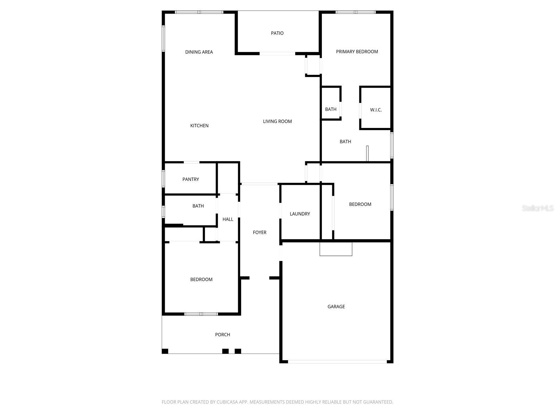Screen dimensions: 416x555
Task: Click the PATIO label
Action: point(277,33)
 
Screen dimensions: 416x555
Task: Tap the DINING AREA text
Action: point(199,52)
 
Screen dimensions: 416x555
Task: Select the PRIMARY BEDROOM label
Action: point(357,52)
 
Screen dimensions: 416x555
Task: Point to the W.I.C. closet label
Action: point(376,110)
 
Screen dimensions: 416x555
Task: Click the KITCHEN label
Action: point(199,126)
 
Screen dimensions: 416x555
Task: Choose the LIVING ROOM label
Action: point(277,121)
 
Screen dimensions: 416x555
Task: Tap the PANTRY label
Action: point(191,179)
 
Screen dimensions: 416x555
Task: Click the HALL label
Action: point(228,219)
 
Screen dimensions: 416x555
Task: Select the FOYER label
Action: point(259,233)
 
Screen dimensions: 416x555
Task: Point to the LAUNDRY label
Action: point(300,214)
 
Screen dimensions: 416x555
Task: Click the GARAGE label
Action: point(336,306)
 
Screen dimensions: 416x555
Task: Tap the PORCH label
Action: point(222,335)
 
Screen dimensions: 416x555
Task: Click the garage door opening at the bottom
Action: point(337,362)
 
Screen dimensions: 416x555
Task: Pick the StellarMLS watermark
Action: point(538,208)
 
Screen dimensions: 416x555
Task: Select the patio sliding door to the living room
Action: point(277,54)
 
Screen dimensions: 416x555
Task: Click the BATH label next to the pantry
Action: point(198,206)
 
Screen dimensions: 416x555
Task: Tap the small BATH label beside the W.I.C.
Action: point(331,109)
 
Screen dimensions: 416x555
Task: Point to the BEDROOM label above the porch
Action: point(201,279)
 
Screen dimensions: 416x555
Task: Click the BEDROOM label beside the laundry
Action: point(360,204)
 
